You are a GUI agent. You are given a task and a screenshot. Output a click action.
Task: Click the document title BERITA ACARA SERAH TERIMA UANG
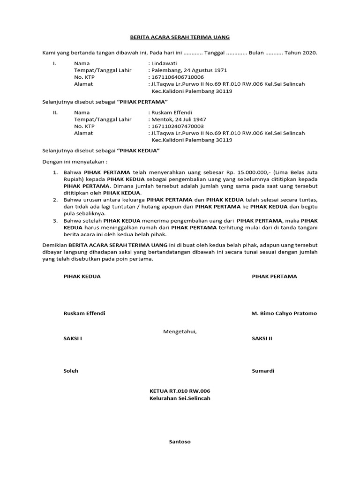click(x=180, y=37)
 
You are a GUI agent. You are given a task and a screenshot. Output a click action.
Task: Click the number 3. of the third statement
click(x=55, y=221)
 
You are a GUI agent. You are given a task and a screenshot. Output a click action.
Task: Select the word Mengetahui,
click(x=180, y=332)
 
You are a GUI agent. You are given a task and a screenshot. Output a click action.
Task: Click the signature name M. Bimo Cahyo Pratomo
click(x=284, y=313)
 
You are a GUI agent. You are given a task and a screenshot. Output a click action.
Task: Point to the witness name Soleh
click(x=71, y=371)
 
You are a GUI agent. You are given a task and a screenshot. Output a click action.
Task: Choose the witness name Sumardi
click(x=263, y=371)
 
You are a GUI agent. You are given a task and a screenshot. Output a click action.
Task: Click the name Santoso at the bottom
click(x=180, y=442)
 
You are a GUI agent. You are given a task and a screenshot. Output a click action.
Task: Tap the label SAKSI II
click(x=262, y=338)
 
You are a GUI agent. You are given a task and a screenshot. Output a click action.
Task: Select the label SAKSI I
click(x=73, y=338)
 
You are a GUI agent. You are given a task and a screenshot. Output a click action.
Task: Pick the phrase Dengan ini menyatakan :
click(x=75, y=162)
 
